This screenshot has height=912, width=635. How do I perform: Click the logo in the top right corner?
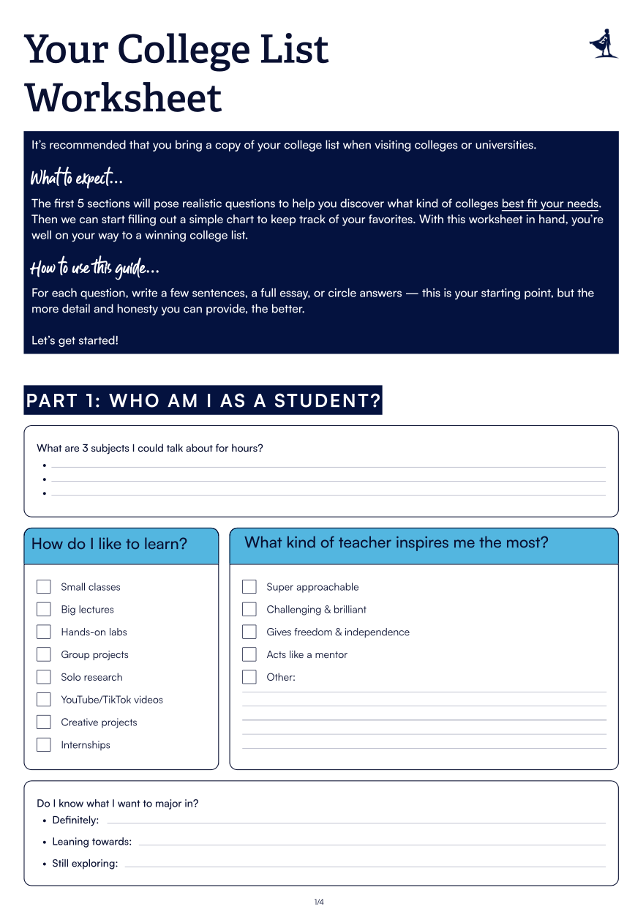coord(604,43)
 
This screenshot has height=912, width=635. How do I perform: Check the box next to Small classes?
coord(44,587)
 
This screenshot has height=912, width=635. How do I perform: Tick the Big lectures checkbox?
coord(44,610)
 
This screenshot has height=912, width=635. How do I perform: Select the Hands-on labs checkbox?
coord(44,632)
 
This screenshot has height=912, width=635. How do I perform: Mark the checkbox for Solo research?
coord(44,677)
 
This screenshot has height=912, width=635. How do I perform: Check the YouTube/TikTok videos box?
coord(44,700)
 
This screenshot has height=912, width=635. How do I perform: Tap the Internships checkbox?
coord(44,745)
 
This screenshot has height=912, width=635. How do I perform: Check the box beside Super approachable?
coord(249,587)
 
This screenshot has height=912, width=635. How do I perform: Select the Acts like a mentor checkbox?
coord(249,654)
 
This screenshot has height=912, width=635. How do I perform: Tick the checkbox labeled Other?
coord(249,677)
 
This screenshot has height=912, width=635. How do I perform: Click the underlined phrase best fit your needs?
coord(550,203)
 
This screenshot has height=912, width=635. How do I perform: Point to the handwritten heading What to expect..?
coord(76,178)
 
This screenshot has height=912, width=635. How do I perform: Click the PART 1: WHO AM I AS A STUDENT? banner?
coord(203,400)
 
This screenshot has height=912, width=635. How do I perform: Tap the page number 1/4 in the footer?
coord(319,902)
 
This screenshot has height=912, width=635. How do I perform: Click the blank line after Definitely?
coord(355,822)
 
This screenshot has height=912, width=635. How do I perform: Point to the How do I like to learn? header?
coord(110,544)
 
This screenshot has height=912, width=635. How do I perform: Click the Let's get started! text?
coord(75,340)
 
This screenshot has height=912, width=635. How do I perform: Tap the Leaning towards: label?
coord(91,842)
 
